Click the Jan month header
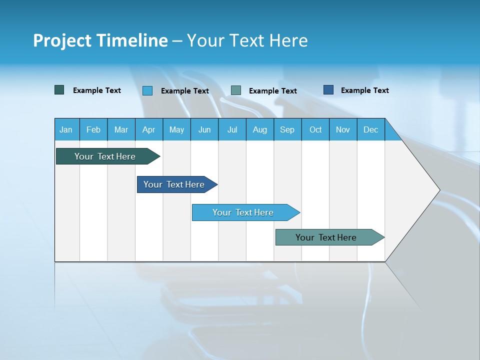coord(66,129)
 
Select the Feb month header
coord(93,129)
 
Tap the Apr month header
coord(148,129)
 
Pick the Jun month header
coord(204,129)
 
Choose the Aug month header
coord(259,129)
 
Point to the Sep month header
coord(287,129)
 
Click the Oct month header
coord(315,129)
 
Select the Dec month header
coord(370,129)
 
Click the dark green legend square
coord(59,90)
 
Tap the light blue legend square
coord(147,90)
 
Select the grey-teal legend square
coord(236,90)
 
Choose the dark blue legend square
coord(328,90)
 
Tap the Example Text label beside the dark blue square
coord(364,90)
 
